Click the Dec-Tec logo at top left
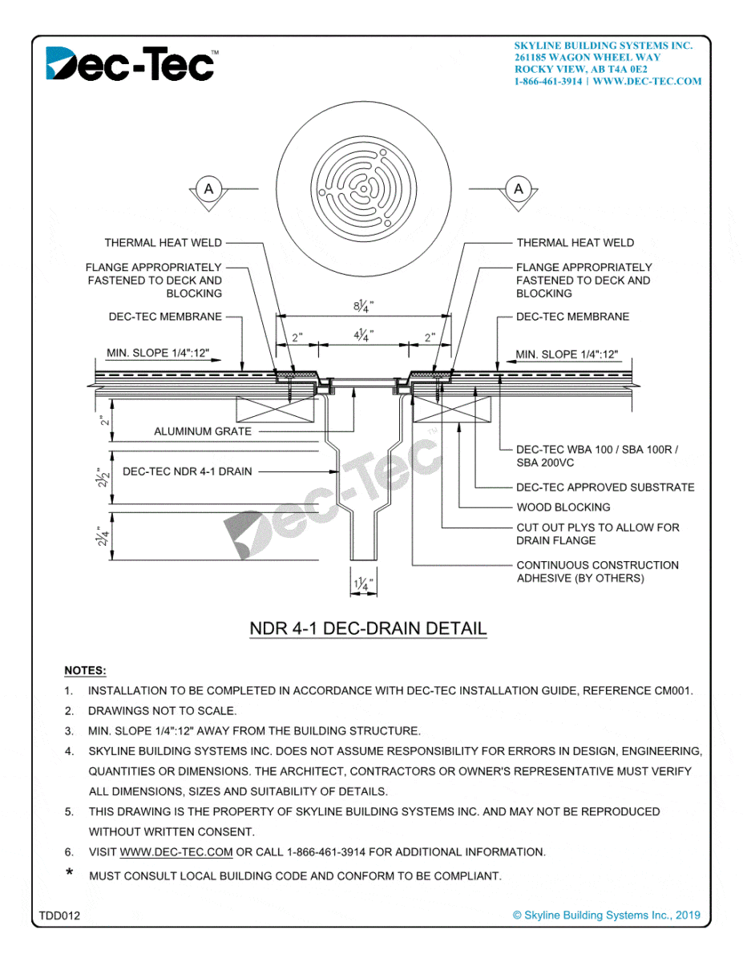(130, 64)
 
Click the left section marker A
(209, 189)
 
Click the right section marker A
(519, 189)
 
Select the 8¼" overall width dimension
(364, 305)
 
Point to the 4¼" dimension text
(364, 335)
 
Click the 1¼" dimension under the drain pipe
(363, 584)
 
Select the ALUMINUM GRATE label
(203, 431)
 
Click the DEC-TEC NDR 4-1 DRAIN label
(187, 471)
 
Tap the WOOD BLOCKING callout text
(563, 507)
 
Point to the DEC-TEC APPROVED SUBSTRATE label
(605, 487)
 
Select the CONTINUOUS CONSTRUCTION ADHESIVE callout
(597, 571)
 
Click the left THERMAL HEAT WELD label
(163, 242)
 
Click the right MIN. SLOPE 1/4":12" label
(567, 354)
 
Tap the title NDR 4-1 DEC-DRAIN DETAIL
(368, 628)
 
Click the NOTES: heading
(85, 670)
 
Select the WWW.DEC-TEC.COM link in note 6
(176, 851)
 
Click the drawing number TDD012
(59, 915)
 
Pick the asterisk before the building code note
(70, 874)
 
